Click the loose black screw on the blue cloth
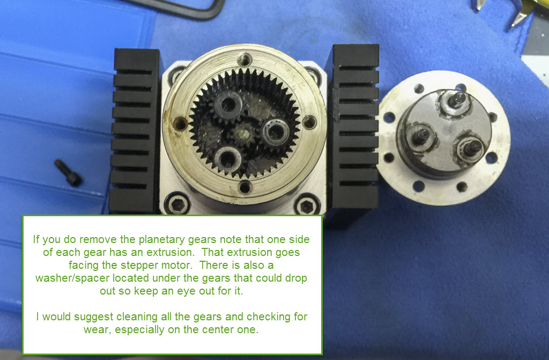[69, 172]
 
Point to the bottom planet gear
[228, 160]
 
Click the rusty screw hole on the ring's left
[180, 123]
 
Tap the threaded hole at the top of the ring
[244, 60]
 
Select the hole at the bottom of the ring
[244, 187]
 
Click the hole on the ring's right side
[309, 122]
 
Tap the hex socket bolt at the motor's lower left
[177, 204]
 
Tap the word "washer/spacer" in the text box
[72, 278]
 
